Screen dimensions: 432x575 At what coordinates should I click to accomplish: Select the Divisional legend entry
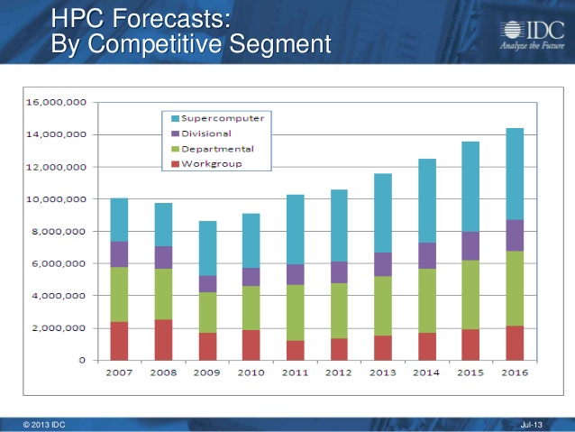(205, 133)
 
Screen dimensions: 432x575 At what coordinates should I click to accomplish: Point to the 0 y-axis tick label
(82, 360)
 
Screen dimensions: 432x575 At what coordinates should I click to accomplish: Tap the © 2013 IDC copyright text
(44, 424)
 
